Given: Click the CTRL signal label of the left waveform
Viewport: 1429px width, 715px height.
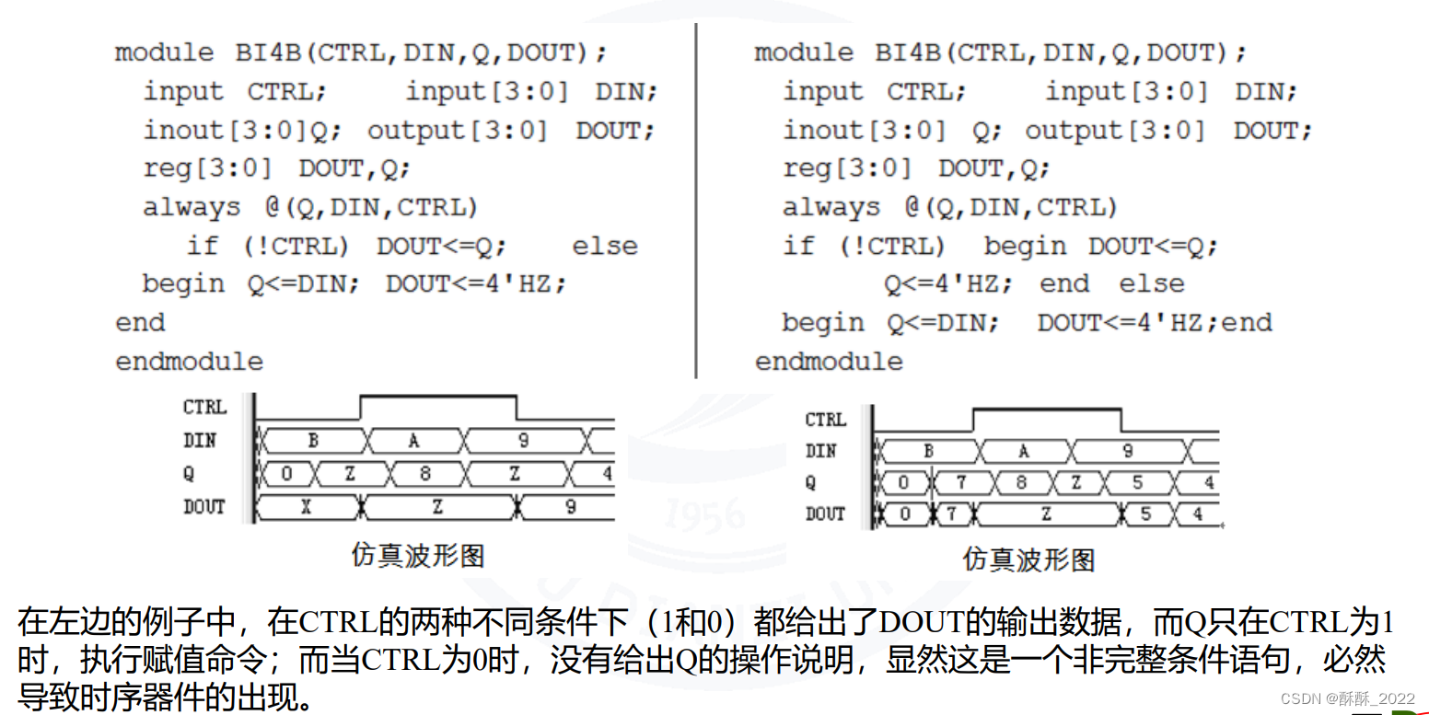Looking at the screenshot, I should tap(204, 407).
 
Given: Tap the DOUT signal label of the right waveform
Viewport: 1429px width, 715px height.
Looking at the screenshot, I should tap(824, 513).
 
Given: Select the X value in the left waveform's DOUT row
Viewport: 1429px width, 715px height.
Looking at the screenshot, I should tap(305, 507).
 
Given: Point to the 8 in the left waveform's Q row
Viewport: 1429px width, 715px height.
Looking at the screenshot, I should tap(424, 474).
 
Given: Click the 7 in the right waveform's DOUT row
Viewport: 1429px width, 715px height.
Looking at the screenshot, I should tap(951, 513).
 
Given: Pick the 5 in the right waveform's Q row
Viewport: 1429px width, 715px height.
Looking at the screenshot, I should tap(1137, 482).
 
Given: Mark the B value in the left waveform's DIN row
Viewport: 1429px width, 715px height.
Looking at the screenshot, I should tap(312, 441).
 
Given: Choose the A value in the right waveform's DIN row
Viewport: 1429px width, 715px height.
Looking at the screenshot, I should tap(1023, 451).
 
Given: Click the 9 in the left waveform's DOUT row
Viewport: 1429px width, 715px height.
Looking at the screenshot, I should tap(570, 507).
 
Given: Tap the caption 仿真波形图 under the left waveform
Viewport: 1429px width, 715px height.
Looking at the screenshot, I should tap(417, 555).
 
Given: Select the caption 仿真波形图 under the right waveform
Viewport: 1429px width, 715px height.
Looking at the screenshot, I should tap(1028, 559).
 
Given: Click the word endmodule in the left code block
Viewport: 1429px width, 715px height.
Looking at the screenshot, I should tap(189, 362).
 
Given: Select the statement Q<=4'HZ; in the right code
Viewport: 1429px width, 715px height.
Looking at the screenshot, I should tap(947, 284).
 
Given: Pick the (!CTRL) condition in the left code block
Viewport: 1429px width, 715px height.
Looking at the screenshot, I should tap(296, 247).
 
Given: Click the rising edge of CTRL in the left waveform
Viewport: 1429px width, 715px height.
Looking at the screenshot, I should tap(360, 408).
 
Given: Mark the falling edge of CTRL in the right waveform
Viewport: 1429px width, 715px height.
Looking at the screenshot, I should tap(1121, 419).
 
